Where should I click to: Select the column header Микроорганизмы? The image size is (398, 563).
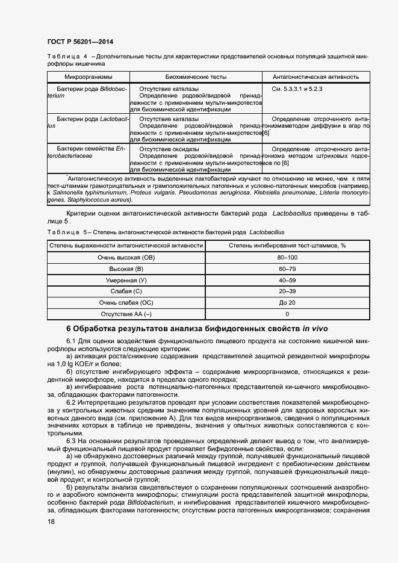88,77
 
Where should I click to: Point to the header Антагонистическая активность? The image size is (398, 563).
316,77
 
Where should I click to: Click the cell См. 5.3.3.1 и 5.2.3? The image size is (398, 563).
297,89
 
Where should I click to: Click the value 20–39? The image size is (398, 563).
287,291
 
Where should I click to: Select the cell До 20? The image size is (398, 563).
287,302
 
